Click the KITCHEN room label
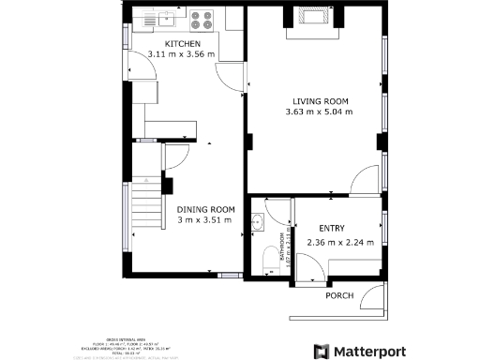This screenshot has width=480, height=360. (183, 44)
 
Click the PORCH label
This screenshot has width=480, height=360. (338, 295)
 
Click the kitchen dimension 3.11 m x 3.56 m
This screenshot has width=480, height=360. (182, 55)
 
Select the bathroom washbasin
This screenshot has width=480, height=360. (258, 223)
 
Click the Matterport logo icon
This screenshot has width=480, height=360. (321, 351)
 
